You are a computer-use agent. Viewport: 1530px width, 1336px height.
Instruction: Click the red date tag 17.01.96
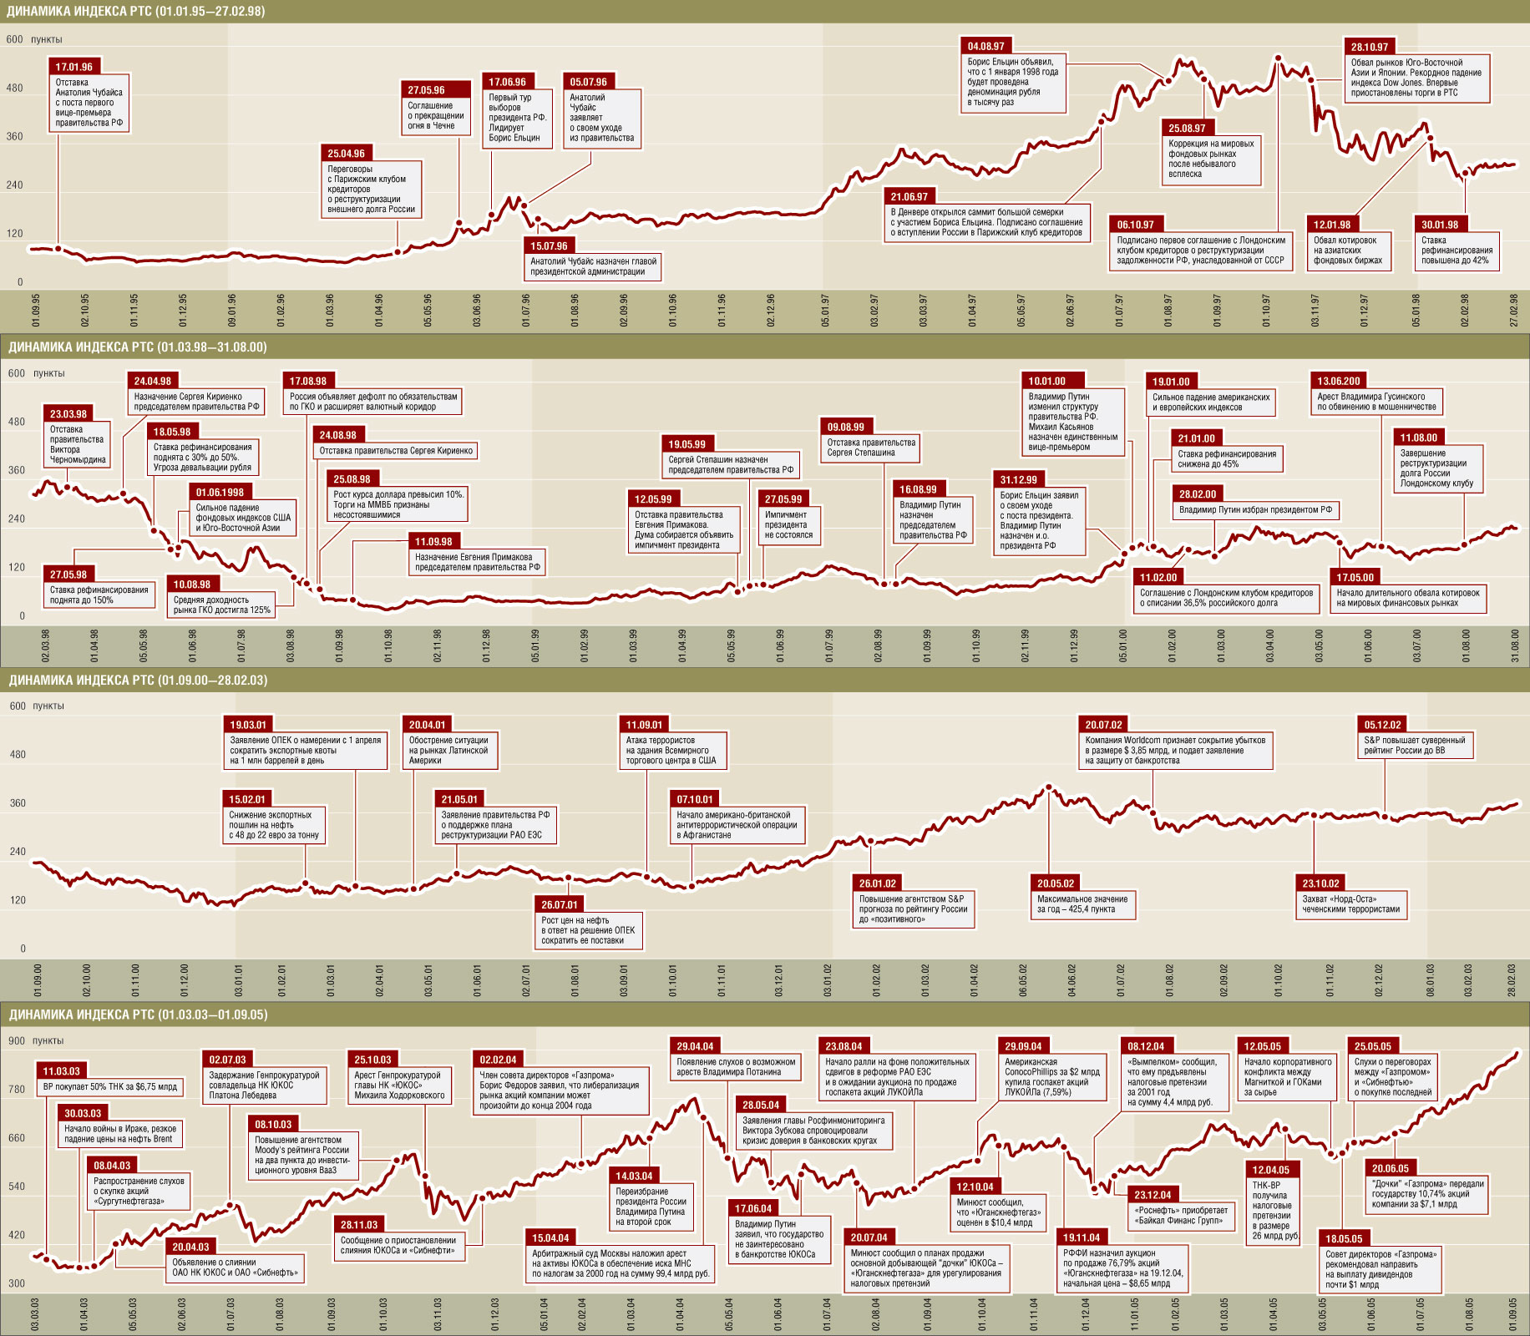74,67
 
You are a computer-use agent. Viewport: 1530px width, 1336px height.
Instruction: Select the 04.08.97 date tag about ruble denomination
986,47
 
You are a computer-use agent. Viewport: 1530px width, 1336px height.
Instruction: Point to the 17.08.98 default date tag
308,382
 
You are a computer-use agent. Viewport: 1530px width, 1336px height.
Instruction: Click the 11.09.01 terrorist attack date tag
644,725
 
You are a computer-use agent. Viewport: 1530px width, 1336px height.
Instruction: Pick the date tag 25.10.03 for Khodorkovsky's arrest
372,1060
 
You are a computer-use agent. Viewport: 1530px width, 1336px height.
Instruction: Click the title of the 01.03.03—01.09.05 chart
139,1015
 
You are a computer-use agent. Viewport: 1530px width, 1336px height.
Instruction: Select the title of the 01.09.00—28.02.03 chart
139,681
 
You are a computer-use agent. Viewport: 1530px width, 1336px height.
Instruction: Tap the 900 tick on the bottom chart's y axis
17,1041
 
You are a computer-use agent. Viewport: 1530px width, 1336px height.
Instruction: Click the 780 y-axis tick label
17,1090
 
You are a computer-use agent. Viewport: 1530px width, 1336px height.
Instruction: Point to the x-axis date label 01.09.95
36,310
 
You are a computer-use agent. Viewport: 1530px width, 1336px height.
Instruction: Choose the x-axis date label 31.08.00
1515,645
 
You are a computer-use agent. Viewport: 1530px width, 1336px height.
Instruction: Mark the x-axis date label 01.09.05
1512,1314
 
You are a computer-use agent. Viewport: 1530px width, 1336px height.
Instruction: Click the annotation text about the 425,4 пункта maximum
1082,904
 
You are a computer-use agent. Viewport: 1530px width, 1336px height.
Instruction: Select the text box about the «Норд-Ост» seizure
1350,904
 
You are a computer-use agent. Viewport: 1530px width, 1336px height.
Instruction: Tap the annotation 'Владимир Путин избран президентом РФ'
1255,509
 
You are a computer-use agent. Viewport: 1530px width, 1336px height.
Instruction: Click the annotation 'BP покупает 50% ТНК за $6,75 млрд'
110,1087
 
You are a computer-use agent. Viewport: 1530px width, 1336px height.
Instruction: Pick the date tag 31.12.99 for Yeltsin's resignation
1019,480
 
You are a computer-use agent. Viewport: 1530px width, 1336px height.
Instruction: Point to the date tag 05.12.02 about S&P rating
1382,725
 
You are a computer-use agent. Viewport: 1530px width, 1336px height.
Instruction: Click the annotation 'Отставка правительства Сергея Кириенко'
396,451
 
